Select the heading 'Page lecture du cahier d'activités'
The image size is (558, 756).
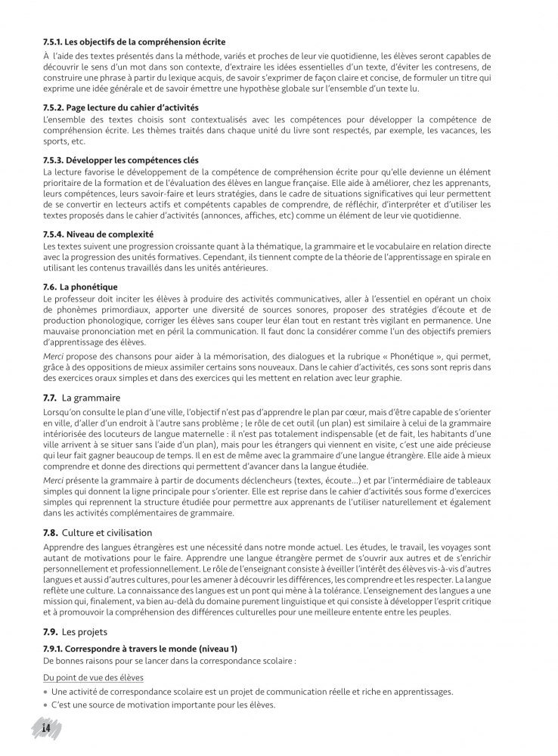(132, 107)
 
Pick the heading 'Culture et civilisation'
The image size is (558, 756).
(107, 533)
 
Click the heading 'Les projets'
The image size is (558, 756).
(84, 631)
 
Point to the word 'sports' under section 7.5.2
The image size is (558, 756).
(54, 141)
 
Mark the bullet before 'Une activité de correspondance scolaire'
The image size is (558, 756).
(45, 692)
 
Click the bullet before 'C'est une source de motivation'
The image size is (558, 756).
(45, 705)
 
